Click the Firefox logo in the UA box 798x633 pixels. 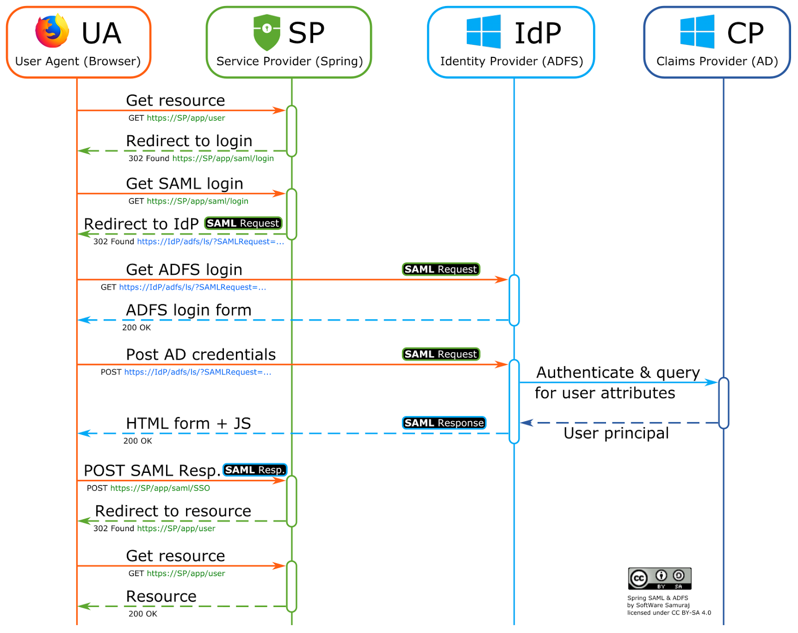pyautogui.click(x=52, y=31)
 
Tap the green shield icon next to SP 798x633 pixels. pyautogui.click(x=267, y=32)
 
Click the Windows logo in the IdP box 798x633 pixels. pyautogui.click(x=483, y=32)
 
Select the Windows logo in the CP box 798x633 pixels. pyautogui.click(x=697, y=32)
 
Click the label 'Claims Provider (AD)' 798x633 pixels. pyautogui.click(x=717, y=61)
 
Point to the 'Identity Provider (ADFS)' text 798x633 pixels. pyautogui.click(x=511, y=61)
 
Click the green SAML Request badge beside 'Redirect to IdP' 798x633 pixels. pyautogui.click(x=243, y=223)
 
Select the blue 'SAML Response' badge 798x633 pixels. pyautogui.click(x=444, y=423)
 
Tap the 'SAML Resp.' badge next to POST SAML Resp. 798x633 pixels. pyautogui.click(x=254, y=470)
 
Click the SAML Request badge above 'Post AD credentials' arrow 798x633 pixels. pyautogui.click(x=441, y=354)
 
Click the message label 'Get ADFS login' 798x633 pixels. pyautogui.click(x=184, y=270)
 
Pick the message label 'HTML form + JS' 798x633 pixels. pyautogui.click(x=188, y=423)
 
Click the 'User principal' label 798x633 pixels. pyautogui.click(x=616, y=433)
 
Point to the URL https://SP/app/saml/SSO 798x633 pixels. pyautogui.click(x=160, y=488)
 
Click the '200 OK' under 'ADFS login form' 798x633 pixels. pyautogui.click(x=136, y=328)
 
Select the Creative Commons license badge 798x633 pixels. pyautogui.click(x=659, y=579)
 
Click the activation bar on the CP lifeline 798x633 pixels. pyautogui.click(x=723, y=403)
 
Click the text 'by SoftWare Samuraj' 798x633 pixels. pyautogui.click(x=658, y=606)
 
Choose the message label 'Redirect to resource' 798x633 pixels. pyautogui.click(x=173, y=511)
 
